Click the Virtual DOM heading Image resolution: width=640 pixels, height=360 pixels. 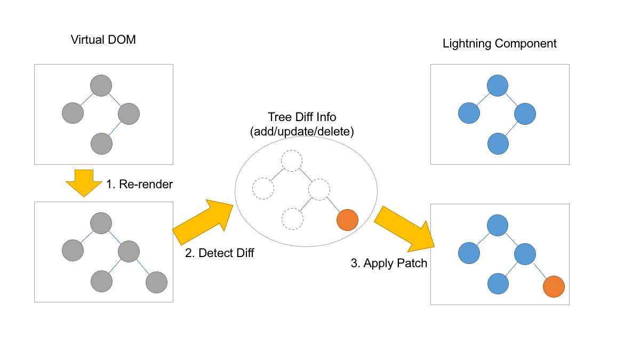click(103, 40)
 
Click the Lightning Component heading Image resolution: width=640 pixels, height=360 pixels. click(499, 44)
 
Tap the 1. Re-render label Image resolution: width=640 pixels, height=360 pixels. click(139, 185)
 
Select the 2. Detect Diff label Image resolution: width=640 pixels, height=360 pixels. click(219, 253)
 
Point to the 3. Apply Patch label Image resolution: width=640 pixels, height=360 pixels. click(389, 263)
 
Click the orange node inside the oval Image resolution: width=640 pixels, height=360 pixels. click(347, 219)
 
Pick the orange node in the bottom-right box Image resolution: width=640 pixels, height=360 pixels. click(554, 287)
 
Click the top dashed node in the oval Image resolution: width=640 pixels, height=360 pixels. click(292, 161)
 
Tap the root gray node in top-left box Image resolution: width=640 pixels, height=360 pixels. click(101, 85)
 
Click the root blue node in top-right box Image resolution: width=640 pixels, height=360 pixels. click(497, 86)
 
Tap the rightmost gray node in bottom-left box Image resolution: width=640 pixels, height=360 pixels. click(156, 282)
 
